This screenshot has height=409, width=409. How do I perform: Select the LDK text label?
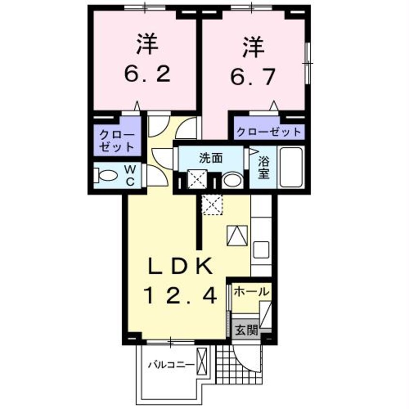click(x=180, y=265)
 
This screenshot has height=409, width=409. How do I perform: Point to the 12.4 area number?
click(x=180, y=295)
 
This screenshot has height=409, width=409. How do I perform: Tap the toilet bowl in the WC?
click(x=106, y=175)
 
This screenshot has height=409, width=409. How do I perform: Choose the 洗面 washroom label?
click(x=211, y=158)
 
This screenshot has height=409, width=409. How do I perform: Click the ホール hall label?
click(x=251, y=292)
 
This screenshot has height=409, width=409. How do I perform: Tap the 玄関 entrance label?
click(x=247, y=330)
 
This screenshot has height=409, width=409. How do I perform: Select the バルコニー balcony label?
click(x=172, y=365)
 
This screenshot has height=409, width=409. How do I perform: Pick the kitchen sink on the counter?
click(x=261, y=250)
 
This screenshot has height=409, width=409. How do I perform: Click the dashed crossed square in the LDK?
click(x=212, y=205)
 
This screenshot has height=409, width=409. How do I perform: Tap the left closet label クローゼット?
click(x=117, y=141)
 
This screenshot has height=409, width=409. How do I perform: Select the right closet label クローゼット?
click(x=269, y=132)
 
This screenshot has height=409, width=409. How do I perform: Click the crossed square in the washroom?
click(x=197, y=179)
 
